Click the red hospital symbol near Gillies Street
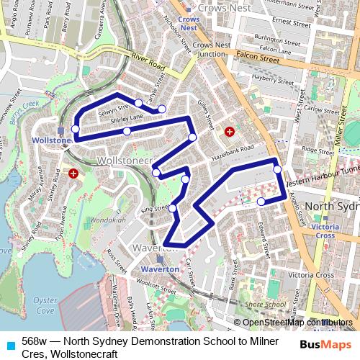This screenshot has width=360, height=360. coord(230,132)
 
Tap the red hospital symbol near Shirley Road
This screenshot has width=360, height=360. coord(73,174)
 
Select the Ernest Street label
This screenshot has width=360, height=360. coord(291,22)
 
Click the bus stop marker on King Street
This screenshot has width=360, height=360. coord(173,208)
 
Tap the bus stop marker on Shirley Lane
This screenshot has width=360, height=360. coord(127,131)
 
